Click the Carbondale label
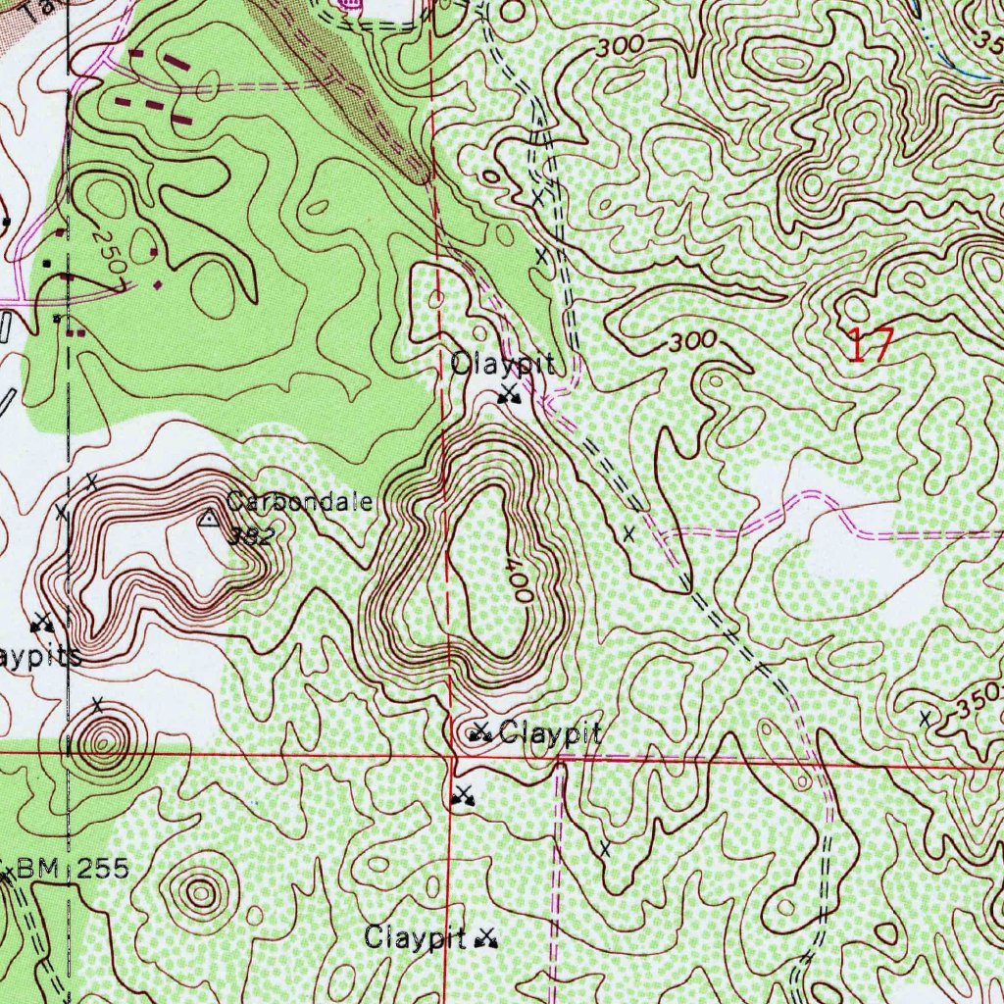(299, 503)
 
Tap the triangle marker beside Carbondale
(209, 519)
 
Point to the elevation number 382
(249, 536)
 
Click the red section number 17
(870, 346)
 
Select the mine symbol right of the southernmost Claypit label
(485, 940)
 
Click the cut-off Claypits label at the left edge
(39, 656)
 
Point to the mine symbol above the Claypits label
(41, 622)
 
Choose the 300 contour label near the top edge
(620, 45)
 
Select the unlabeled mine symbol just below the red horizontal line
(463, 795)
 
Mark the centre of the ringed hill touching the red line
(102, 742)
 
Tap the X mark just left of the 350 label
(925, 719)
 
